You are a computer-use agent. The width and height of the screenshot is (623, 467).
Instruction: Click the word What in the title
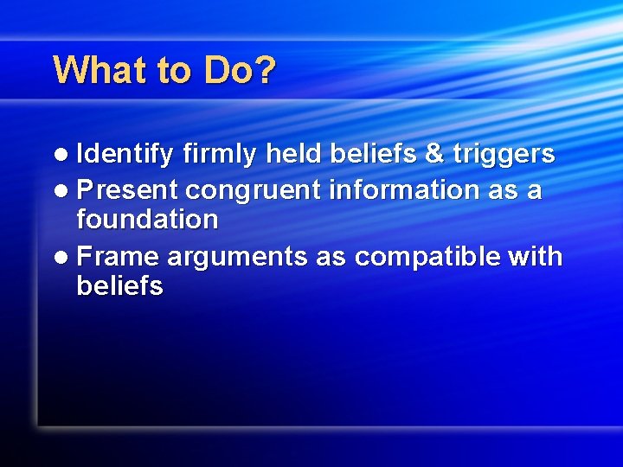click(100, 70)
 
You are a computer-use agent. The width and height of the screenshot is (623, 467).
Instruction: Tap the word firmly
click(221, 155)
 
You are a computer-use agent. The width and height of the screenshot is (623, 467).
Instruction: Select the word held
click(294, 154)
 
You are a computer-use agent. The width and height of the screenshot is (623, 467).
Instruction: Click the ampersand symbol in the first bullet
click(432, 155)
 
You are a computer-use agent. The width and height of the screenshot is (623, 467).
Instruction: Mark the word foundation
click(147, 220)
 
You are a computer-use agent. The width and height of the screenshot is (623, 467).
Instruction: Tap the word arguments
click(236, 258)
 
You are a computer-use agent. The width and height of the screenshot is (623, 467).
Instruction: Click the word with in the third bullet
click(536, 257)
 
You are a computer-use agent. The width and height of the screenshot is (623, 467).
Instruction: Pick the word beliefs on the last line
click(119, 286)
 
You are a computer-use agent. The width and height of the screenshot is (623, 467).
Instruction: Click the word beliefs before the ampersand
click(372, 154)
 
